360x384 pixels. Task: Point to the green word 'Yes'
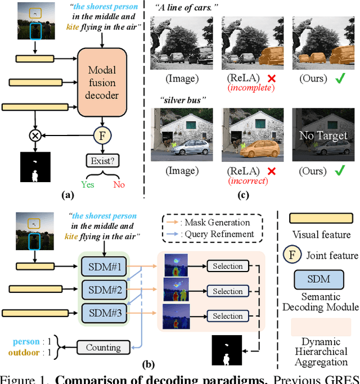click(88, 184)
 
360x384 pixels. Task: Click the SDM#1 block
click(105, 265)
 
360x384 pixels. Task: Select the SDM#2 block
click(105, 290)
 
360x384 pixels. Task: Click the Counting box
click(103, 347)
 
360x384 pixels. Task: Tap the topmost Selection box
click(228, 266)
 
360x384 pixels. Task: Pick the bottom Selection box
click(228, 316)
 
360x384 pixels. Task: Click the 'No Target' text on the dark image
click(323, 135)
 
